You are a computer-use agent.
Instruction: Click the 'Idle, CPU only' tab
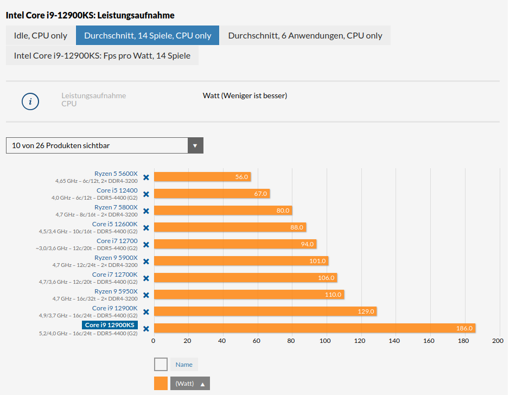pyautogui.click(x=41, y=35)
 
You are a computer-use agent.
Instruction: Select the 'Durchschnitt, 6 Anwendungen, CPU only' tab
pyautogui.click(x=305, y=35)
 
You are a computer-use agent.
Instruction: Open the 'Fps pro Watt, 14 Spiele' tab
pyautogui.click(x=102, y=55)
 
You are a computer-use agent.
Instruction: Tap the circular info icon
pyautogui.click(x=30, y=101)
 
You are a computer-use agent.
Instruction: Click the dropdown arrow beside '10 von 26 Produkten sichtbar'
pyautogui.click(x=195, y=145)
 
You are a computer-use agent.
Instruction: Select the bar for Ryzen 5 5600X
pyautogui.click(x=202, y=177)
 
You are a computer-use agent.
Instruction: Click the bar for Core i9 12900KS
pyautogui.click(x=314, y=328)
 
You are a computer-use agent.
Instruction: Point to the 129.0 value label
pyautogui.click(x=366, y=311)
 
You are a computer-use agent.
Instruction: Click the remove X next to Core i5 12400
pyautogui.click(x=146, y=194)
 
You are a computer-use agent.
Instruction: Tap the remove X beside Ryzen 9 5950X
pyautogui.click(x=146, y=295)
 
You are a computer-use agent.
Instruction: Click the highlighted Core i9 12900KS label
pyautogui.click(x=110, y=325)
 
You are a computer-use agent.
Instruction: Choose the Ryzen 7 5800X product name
pyautogui.click(x=116, y=207)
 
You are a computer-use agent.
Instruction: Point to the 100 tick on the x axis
pyautogui.click(x=325, y=341)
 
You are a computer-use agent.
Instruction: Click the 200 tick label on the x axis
pyautogui.click(x=498, y=341)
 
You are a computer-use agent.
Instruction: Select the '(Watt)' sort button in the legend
pyautogui.click(x=190, y=384)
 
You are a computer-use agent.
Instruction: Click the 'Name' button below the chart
pyautogui.click(x=184, y=365)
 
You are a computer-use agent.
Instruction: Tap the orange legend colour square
pyautogui.click(x=161, y=384)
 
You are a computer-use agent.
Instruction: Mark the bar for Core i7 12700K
pyautogui.click(x=245, y=278)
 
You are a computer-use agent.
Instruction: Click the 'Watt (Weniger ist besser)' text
pyautogui.click(x=245, y=96)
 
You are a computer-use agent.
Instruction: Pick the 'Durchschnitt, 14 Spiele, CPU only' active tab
pyautogui.click(x=148, y=35)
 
